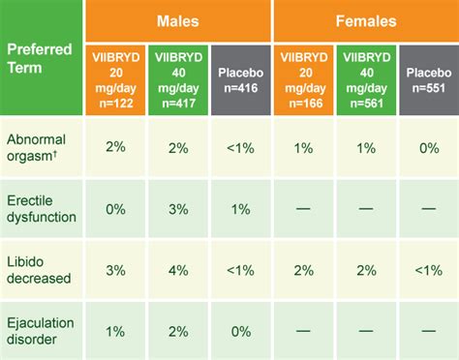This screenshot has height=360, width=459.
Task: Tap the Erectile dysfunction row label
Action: [x=42, y=208]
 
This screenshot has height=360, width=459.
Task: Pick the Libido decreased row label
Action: [x=42, y=269]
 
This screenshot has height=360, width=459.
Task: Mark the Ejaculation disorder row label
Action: [x=42, y=329]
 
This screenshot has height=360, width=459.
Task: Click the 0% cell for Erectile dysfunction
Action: [x=115, y=208]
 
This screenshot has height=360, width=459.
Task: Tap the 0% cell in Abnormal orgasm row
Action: [x=427, y=148]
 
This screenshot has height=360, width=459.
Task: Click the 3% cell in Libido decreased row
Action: [x=115, y=269]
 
